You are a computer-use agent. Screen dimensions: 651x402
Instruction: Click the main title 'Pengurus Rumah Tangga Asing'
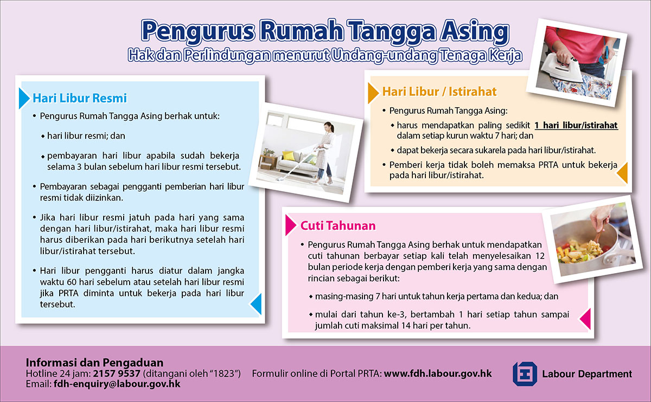tap(325, 32)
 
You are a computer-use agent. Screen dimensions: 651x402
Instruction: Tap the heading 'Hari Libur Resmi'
tap(80, 98)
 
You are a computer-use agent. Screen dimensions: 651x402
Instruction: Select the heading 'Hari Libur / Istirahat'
tap(439, 92)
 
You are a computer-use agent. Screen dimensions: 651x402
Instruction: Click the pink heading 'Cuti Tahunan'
tap(338, 225)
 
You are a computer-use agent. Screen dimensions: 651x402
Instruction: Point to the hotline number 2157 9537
tap(117, 373)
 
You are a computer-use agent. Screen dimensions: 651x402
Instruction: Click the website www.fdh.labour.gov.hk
tap(438, 373)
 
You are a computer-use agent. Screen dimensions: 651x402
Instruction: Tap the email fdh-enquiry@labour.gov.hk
tap(117, 384)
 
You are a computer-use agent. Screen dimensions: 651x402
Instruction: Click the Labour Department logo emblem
tap(525, 374)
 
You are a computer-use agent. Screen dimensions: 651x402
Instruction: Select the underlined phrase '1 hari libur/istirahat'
tap(576, 125)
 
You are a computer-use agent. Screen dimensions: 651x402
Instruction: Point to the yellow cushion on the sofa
tap(288, 155)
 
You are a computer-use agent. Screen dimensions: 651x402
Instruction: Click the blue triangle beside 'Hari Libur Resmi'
tap(24, 99)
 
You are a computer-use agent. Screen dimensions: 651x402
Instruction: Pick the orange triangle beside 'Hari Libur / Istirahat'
tap(373, 93)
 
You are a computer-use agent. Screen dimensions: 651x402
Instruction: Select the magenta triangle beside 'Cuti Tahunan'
tap(291, 225)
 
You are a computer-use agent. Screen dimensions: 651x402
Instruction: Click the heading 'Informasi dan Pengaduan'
tap(94, 362)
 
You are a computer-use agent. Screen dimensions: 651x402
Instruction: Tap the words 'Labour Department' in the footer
tap(587, 374)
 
